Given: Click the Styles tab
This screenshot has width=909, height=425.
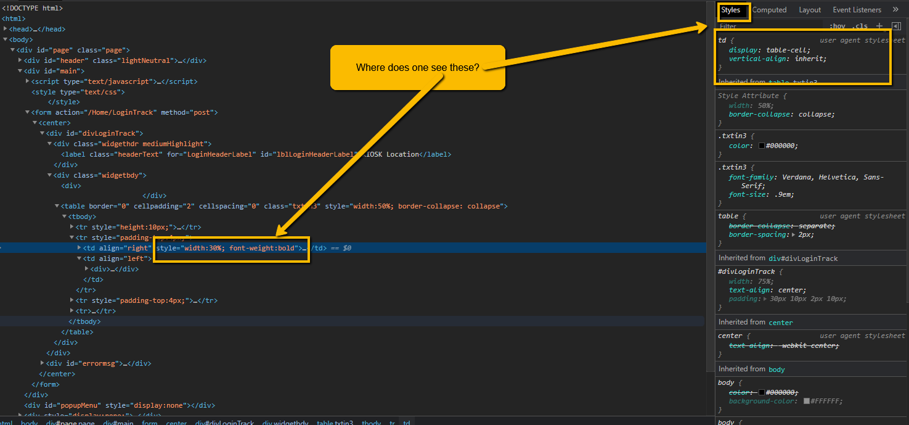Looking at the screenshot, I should coord(731,10).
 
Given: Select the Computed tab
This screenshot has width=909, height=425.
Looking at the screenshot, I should coord(769,10).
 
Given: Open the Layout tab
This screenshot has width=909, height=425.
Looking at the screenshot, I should coord(810,10).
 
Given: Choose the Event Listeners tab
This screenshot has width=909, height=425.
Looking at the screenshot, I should coord(857,10).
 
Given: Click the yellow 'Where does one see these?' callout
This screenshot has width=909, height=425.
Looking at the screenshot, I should coord(417,67).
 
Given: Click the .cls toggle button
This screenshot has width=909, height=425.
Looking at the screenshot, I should coord(860,27).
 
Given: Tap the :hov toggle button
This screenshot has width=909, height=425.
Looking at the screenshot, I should coord(838,27).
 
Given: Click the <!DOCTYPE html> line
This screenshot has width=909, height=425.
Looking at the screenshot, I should coord(32,8).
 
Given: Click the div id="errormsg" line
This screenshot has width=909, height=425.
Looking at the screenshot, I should coord(99,363).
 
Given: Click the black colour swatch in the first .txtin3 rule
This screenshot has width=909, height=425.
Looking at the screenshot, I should coord(762,146).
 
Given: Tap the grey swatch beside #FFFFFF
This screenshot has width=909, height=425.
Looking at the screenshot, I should coord(806,401).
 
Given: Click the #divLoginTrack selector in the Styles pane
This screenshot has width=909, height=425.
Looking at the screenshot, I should coord(746,271).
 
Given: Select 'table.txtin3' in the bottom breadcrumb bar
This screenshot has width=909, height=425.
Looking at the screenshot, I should coord(335,423).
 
